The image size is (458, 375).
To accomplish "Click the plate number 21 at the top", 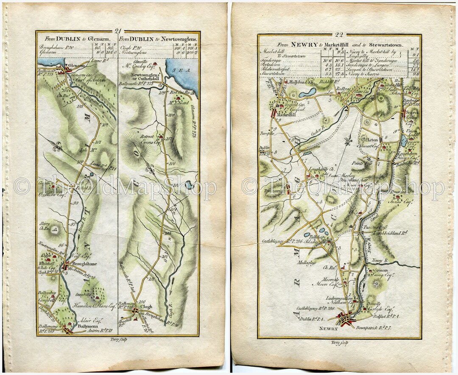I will (118, 31).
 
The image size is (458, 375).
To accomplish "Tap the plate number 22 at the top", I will (339, 35).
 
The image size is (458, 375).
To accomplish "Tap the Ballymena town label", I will (89, 326).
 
